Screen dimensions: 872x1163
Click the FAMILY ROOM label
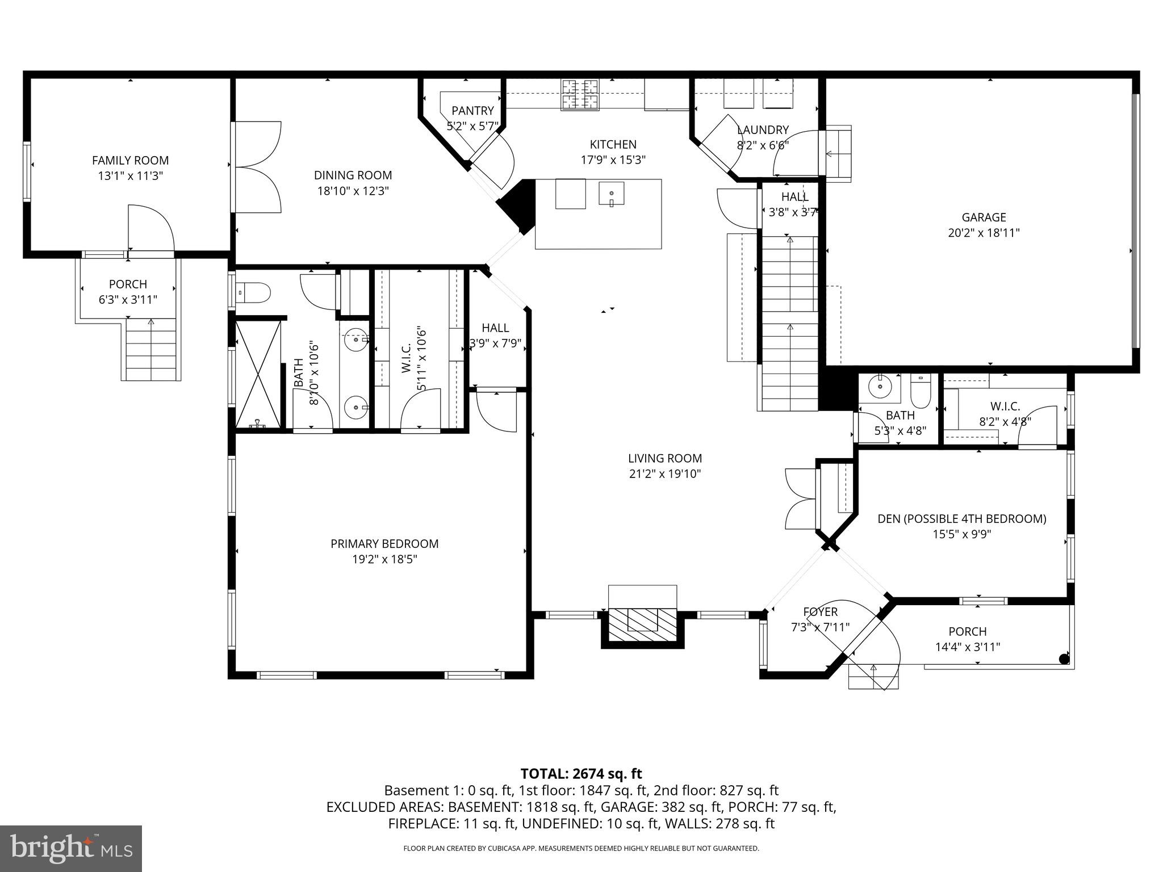(130, 161)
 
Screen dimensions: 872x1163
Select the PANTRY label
(472, 111)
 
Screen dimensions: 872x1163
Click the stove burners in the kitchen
(580, 94)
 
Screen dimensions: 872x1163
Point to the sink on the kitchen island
(611, 193)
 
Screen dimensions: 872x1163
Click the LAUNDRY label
(763, 130)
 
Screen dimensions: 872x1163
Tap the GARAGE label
(984, 217)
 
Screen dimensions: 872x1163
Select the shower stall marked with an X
(258, 374)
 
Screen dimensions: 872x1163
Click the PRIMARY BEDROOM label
(384, 544)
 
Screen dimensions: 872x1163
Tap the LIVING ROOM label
(664, 458)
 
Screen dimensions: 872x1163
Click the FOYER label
(820, 612)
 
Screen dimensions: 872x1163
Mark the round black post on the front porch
(1064, 659)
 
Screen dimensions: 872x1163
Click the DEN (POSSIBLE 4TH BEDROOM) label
(961, 518)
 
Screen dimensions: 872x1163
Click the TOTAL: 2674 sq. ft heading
(581, 773)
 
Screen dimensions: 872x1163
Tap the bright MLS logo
(71, 848)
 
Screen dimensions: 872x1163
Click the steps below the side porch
(151, 349)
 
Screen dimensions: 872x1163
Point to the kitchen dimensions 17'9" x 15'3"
(613, 160)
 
